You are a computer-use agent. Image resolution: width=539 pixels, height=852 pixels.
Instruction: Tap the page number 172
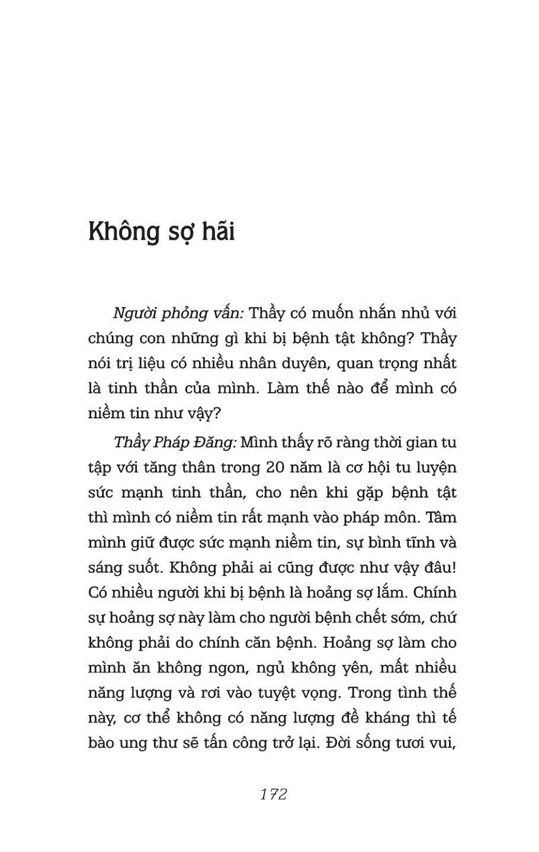point(273,794)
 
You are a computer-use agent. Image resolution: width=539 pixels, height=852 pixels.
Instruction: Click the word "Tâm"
point(441,517)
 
